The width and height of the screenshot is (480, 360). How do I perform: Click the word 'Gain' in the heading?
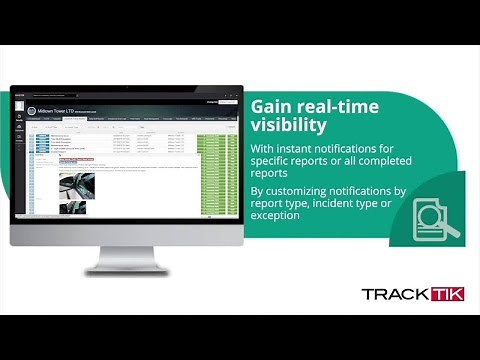[272, 106]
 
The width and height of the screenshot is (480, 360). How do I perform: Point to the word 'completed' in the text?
[397, 164]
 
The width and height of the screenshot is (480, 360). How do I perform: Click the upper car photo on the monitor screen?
[77, 184]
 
